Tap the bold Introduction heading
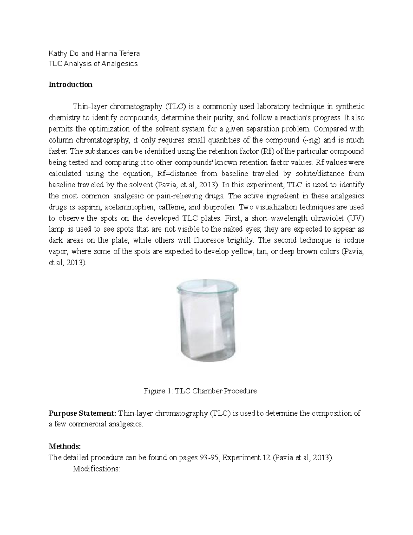point(70,85)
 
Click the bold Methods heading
point(64,447)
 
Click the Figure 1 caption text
point(200,391)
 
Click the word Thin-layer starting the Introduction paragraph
point(89,107)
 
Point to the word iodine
point(355,240)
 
